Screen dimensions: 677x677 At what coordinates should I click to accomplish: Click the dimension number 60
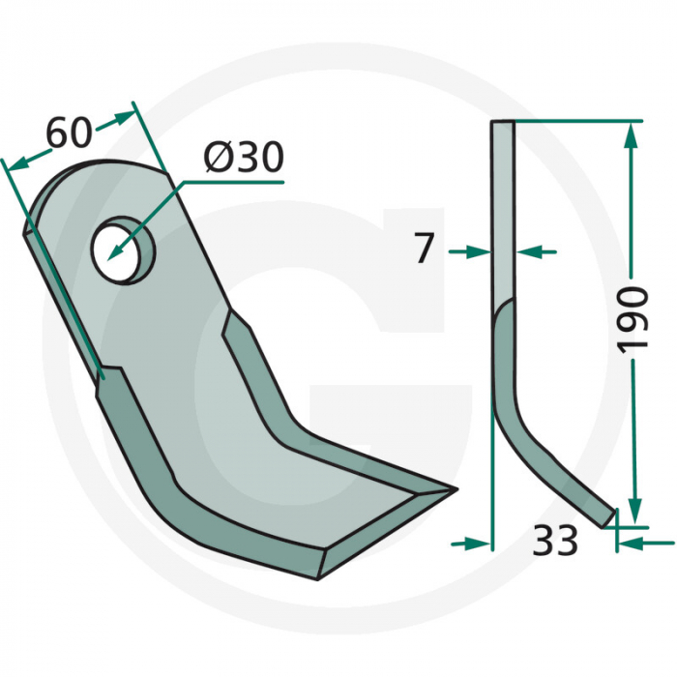(69, 132)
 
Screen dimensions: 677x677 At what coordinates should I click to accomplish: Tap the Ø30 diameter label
(245, 158)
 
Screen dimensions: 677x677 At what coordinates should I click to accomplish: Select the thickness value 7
(424, 250)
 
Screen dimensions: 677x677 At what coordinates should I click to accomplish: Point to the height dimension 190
(633, 318)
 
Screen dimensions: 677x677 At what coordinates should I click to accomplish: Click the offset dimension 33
(554, 541)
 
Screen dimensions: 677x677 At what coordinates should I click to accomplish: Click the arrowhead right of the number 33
(629, 543)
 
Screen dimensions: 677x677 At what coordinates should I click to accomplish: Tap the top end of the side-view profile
(503, 123)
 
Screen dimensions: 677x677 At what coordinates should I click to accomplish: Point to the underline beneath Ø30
(243, 180)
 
